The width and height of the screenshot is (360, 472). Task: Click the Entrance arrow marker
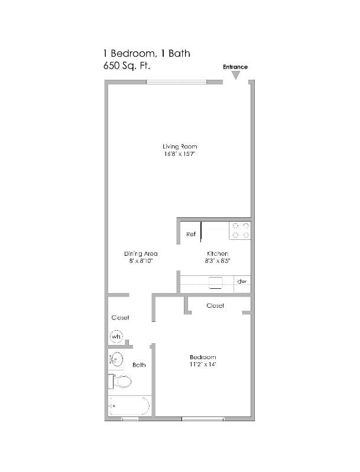click(235, 76)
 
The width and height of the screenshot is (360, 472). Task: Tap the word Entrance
click(235, 67)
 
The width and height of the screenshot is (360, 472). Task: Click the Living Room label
click(180, 147)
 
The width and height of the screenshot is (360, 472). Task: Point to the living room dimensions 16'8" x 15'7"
click(180, 154)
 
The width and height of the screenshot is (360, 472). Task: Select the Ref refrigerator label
click(191, 235)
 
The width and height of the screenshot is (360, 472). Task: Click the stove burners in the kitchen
click(240, 230)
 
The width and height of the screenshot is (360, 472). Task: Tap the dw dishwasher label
click(242, 282)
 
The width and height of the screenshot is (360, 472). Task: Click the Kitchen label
click(216, 253)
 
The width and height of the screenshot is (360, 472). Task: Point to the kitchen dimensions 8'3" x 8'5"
click(216, 261)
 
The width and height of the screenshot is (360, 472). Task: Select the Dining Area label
click(141, 253)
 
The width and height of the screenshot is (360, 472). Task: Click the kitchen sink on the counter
click(215, 282)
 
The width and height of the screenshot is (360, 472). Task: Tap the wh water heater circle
click(116, 337)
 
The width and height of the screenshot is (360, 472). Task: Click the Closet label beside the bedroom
click(215, 306)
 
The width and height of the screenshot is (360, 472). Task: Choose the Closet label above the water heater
click(120, 318)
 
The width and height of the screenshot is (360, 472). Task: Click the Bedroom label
click(202, 357)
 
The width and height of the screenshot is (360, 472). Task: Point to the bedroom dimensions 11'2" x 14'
click(202, 364)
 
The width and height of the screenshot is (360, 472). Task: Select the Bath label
click(139, 365)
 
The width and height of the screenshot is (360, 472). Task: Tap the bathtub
click(129, 406)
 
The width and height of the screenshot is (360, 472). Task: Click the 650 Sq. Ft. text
click(127, 66)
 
